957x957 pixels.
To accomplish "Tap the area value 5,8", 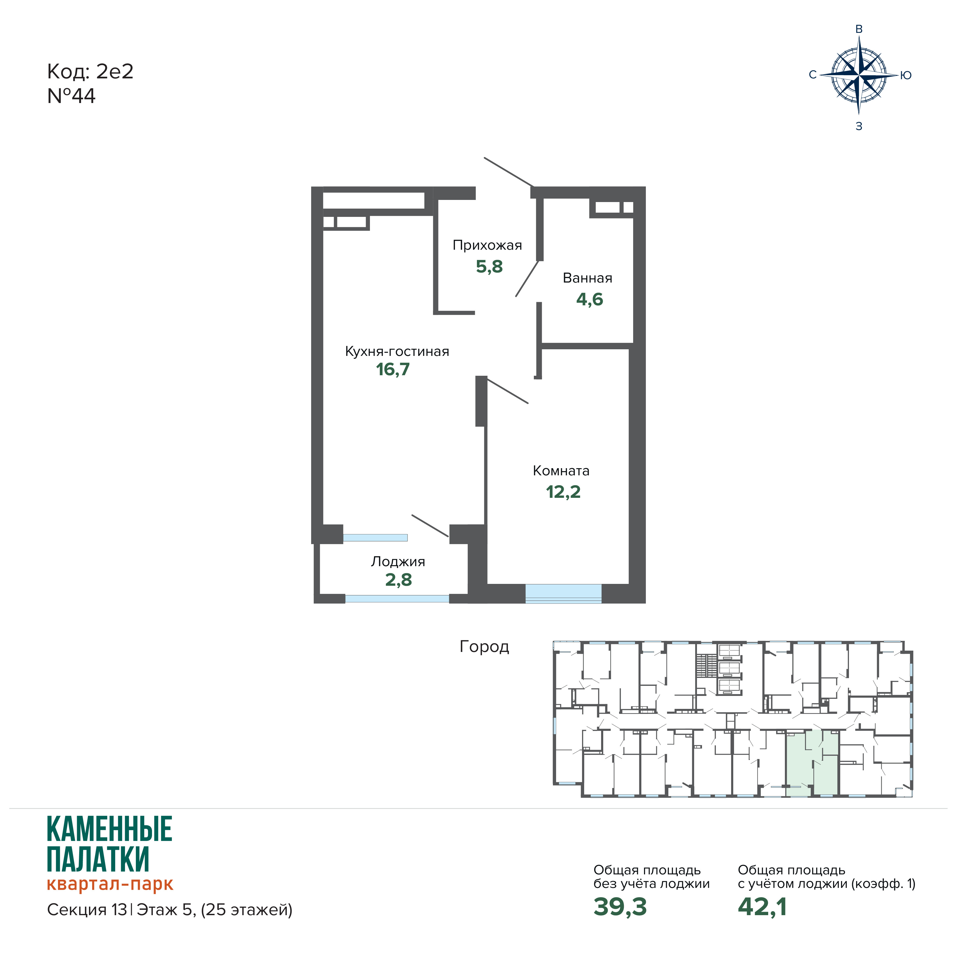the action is (x=489, y=266).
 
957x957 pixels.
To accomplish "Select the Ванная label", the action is (x=588, y=278).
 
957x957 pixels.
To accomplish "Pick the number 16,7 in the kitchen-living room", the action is (x=393, y=369).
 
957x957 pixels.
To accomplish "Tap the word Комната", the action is (x=561, y=471).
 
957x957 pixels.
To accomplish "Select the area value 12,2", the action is (x=563, y=492).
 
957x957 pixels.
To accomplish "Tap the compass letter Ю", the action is (x=906, y=75).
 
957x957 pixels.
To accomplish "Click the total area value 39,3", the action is (x=620, y=906).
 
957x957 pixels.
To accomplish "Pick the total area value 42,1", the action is (x=762, y=906).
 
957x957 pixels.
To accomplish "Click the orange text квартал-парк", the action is (x=110, y=884).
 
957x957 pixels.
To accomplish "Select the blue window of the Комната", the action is (x=563, y=593).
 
